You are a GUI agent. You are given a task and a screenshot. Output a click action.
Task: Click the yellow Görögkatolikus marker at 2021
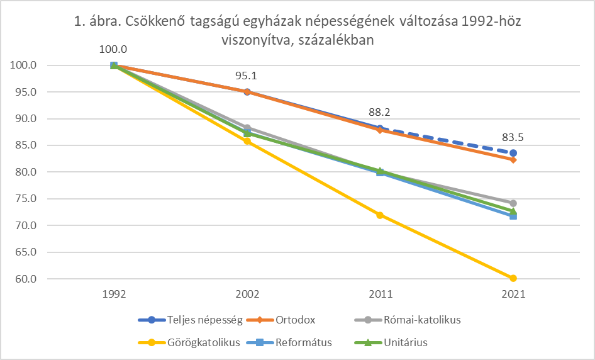click(x=513, y=278)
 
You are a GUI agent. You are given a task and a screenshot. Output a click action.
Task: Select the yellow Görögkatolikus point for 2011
click(x=380, y=215)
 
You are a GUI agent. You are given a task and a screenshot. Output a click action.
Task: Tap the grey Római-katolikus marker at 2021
click(x=513, y=203)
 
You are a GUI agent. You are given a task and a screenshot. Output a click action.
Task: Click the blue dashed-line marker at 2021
click(x=513, y=153)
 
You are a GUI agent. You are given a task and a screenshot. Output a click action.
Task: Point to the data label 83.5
click(x=513, y=137)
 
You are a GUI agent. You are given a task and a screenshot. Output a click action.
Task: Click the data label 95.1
click(x=247, y=76)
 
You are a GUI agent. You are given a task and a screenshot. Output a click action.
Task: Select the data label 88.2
click(x=380, y=113)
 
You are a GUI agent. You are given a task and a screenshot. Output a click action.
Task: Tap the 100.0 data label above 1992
click(x=114, y=49)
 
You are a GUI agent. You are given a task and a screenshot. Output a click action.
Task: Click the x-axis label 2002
click(x=247, y=294)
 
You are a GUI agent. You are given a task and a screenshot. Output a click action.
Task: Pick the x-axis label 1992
click(x=114, y=294)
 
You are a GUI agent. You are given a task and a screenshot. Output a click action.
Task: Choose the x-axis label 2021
click(x=513, y=294)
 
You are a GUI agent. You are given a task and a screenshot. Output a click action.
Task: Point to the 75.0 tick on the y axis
click(x=24, y=198)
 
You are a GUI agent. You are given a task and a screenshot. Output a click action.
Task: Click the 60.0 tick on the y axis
click(x=24, y=279)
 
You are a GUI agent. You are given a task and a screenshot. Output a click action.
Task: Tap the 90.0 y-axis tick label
click(x=24, y=118)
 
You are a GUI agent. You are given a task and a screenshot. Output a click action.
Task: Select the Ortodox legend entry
click(x=295, y=320)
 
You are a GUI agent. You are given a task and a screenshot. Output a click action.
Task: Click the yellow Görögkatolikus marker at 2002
click(x=247, y=141)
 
